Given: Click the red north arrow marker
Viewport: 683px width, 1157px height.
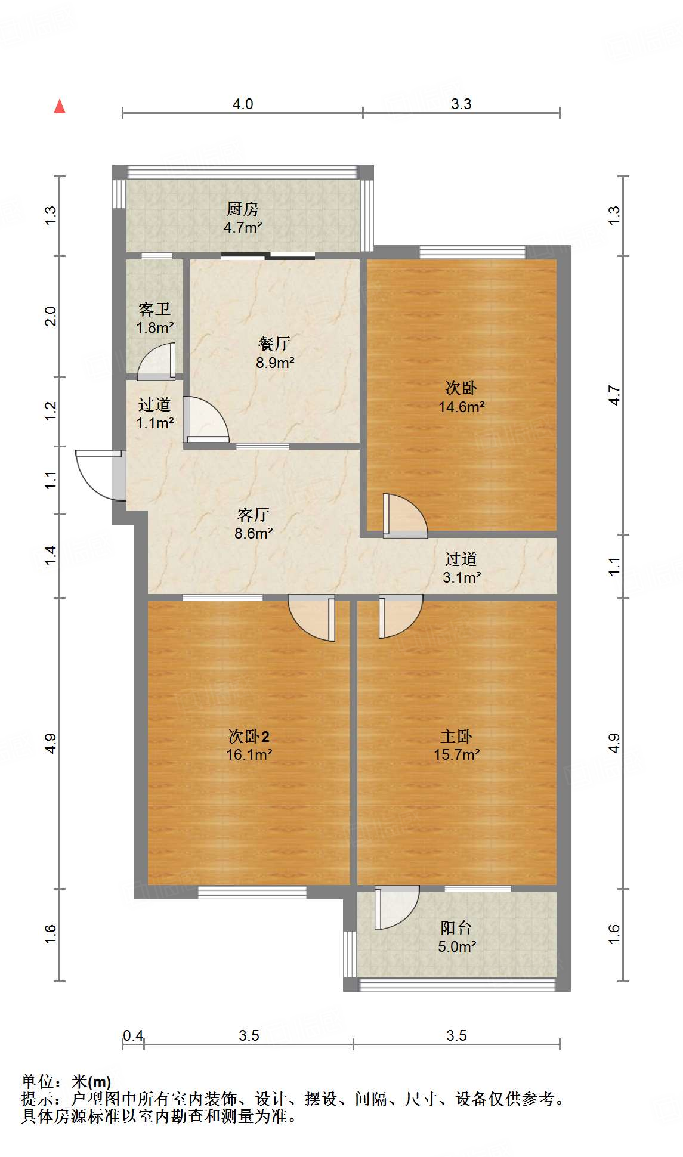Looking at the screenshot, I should [x=60, y=107].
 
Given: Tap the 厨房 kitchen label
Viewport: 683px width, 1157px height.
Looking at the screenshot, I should [x=243, y=218].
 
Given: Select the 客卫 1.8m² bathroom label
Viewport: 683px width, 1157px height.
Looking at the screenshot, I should [x=154, y=318].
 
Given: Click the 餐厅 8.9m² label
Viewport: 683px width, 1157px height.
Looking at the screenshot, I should [x=274, y=352].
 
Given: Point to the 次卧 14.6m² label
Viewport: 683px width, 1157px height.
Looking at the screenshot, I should [x=461, y=397].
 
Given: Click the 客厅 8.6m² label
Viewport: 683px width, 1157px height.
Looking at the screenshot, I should [x=254, y=524].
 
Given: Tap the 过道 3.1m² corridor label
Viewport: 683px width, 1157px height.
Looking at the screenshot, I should [x=462, y=568].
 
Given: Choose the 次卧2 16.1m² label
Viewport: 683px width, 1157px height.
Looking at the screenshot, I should [x=249, y=745].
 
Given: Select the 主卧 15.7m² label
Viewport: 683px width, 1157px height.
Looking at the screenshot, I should [x=456, y=745].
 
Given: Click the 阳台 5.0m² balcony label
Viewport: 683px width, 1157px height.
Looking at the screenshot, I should [x=456, y=936].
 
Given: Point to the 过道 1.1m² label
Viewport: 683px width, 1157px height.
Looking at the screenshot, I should [x=154, y=413].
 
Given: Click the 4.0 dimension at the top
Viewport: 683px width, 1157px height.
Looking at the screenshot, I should [x=243, y=104].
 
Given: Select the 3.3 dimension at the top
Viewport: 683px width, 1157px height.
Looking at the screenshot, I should [x=461, y=104].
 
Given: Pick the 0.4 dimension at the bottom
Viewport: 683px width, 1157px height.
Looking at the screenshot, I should [x=133, y=1035].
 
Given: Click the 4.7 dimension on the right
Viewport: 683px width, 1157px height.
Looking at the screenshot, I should [x=614, y=395].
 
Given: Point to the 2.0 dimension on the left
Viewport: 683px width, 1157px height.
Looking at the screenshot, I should [x=51, y=315].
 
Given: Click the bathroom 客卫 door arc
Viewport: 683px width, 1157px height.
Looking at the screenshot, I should [x=156, y=360].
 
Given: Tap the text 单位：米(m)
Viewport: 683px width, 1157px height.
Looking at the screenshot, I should [x=66, y=1081].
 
